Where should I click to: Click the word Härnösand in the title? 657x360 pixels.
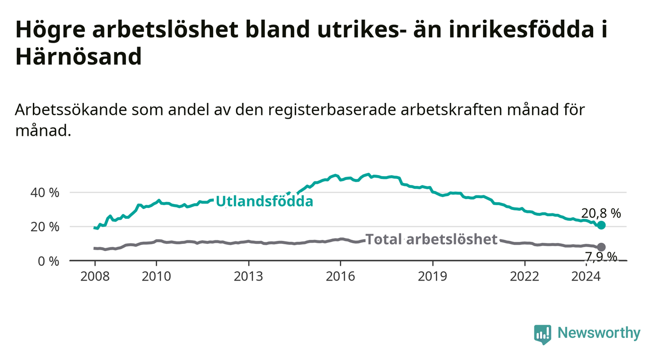(x=78, y=56)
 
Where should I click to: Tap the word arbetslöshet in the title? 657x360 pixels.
(x=165, y=29)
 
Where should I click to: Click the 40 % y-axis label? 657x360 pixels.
(x=45, y=193)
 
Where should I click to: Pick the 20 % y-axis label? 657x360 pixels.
(x=45, y=227)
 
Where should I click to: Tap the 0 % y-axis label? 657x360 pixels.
(x=49, y=261)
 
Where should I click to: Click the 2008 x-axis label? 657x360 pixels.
(x=95, y=277)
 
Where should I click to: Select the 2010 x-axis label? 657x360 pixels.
(x=156, y=277)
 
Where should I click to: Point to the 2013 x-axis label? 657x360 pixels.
(x=249, y=277)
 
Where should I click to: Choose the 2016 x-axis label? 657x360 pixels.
(x=341, y=277)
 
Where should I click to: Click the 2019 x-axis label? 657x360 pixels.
(x=432, y=277)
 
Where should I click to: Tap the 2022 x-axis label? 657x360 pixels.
(x=525, y=277)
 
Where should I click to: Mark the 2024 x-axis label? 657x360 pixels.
(x=586, y=277)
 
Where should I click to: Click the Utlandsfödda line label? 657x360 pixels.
(x=265, y=202)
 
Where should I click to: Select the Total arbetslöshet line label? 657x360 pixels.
(x=431, y=239)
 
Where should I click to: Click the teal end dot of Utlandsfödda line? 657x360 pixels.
(x=601, y=225)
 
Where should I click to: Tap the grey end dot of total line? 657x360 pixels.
(x=601, y=247)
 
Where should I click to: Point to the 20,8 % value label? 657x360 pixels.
(x=601, y=213)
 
